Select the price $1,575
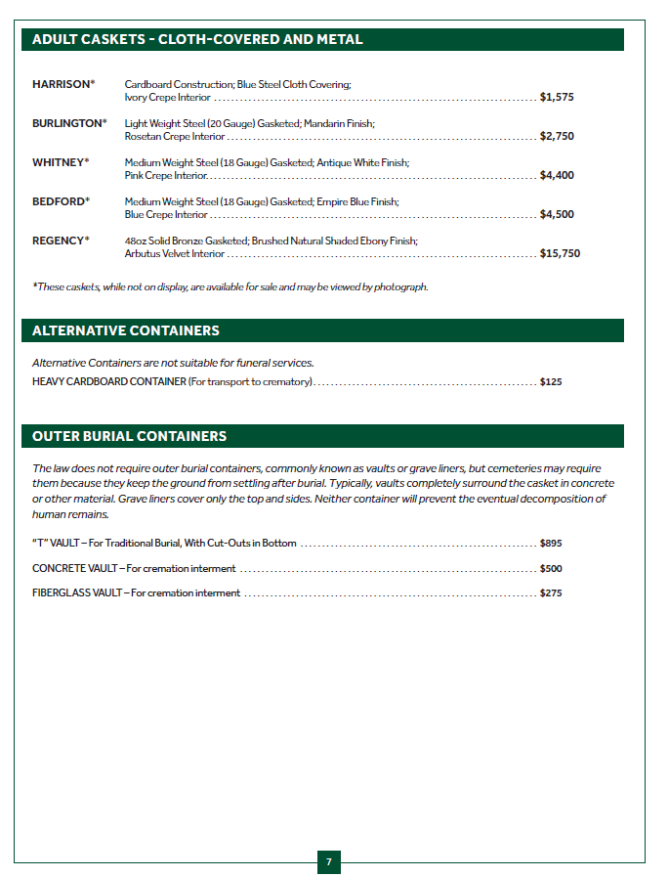(557, 98)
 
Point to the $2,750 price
(557, 137)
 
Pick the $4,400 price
(557, 176)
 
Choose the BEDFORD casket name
(59, 201)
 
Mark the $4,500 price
(557, 215)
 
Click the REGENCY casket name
(59, 241)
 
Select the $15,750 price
(560, 254)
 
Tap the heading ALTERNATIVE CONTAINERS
(125, 331)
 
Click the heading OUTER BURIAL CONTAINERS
(129, 436)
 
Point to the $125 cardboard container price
(551, 382)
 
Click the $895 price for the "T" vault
(551, 544)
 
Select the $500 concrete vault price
(551, 569)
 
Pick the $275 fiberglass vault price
(551, 593)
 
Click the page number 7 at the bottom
(329, 862)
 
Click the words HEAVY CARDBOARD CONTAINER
(108, 382)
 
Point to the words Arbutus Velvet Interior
(174, 254)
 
